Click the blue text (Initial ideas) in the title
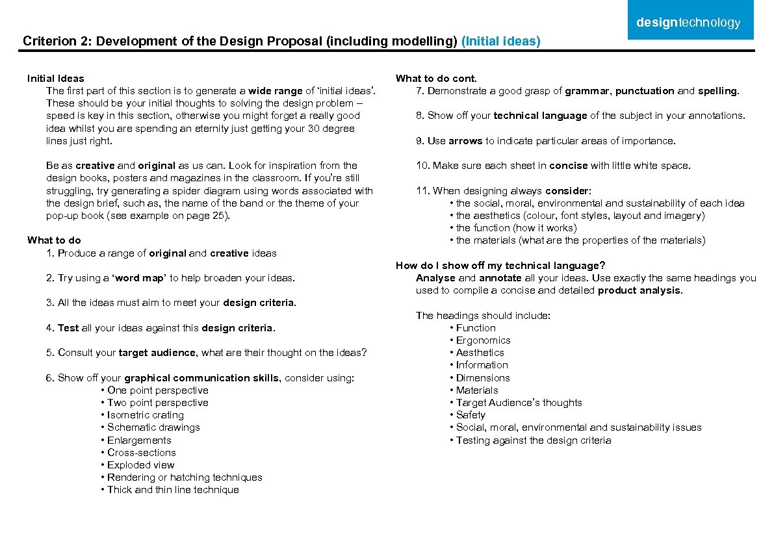point(500,42)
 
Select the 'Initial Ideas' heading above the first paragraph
point(56,79)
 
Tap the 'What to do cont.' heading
point(436,79)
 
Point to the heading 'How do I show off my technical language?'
point(500,266)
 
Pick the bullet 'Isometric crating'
point(145,415)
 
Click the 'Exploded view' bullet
point(140,465)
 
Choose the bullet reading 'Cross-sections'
point(141,453)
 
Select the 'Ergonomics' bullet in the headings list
point(483,340)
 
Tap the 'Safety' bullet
point(471,415)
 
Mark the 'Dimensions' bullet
point(483,378)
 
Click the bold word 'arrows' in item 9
point(465,141)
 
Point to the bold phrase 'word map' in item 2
point(137,278)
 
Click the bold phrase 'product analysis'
point(639,290)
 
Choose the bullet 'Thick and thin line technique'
point(173,490)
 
